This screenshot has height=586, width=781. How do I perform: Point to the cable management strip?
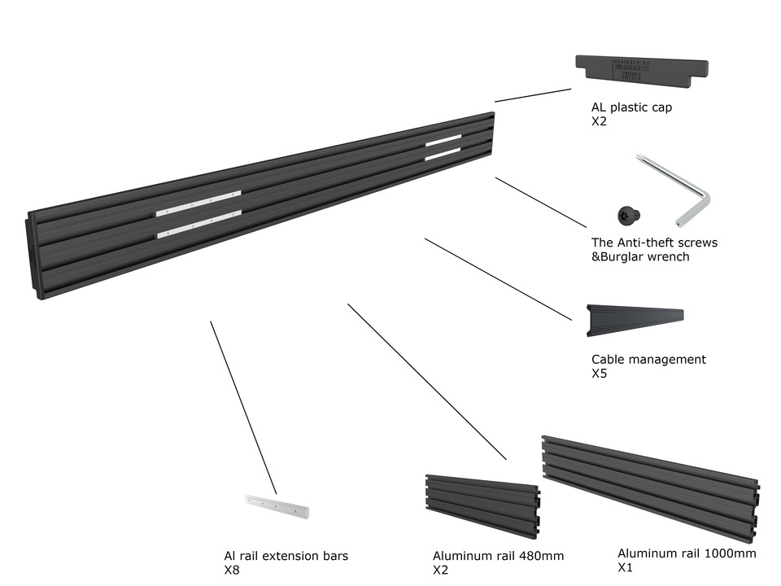tap(635, 320)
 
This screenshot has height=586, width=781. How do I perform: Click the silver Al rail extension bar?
tap(277, 506)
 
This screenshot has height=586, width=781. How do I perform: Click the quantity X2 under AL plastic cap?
tap(600, 121)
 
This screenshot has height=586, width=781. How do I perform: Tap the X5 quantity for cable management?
tap(600, 374)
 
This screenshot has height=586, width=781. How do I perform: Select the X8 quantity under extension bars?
tap(232, 571)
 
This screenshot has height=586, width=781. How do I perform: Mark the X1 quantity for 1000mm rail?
tap(626, 567)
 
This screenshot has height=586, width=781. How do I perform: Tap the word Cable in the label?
tap(608, 359)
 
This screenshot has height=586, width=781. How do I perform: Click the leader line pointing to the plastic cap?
tap(533, 95)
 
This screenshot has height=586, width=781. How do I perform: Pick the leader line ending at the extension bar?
tap(243, 407)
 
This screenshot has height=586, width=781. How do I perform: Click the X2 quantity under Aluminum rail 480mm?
tap(441, 571)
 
